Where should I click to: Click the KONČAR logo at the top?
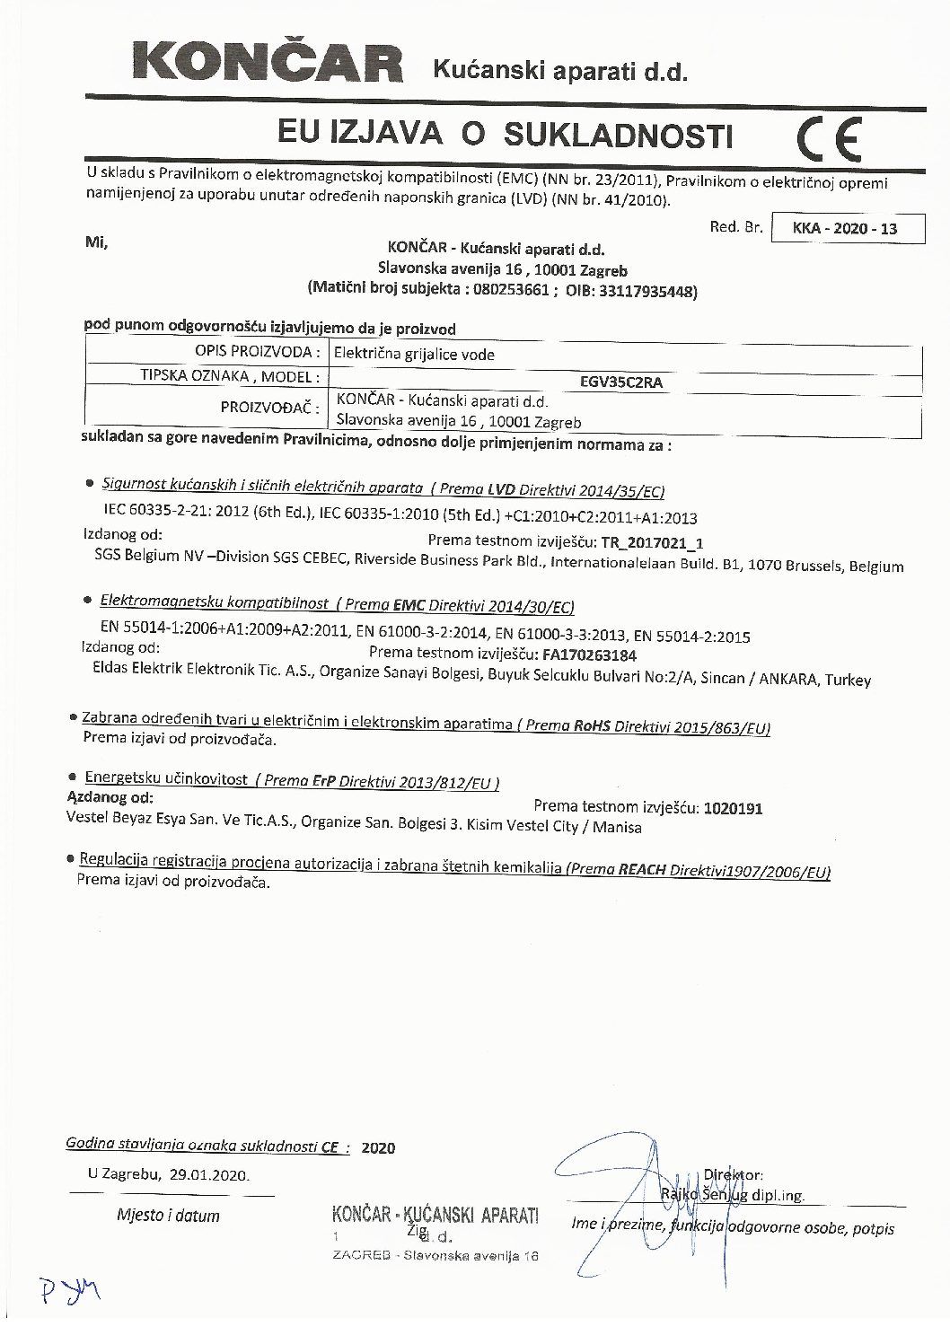tap(268, 64)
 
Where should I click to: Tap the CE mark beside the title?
tap(828, 137)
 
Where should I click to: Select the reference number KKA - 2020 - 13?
tap(845, 229)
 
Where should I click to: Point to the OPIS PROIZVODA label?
tap(257, 351)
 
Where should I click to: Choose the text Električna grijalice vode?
tap(414, 355)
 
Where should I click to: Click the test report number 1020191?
tap(734, 808)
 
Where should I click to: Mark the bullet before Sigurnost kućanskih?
tap(90, 484)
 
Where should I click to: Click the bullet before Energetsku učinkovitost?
tap(71, 777)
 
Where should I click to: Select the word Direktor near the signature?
tap(733, 1174)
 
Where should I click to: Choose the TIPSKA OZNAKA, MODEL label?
tap(230, 376)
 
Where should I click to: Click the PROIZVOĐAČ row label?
tap(270, 408)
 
